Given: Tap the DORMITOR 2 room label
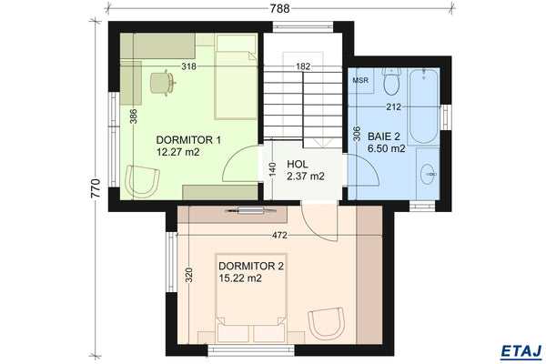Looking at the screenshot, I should pyautogui.click(x=251, y=266).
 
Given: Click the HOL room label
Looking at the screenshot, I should pyautogui.click(x=298, y=164).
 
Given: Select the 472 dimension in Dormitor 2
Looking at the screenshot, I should pyautogui.click(x=280, y=236).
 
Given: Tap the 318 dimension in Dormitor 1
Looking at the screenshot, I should pyautogui.click(x=188, y=66).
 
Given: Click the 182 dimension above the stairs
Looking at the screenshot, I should pyautogui.click(x=303, y=66).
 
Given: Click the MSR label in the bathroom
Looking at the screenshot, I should pyautogui.click(x=361, y=80).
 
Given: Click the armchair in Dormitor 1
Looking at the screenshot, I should pyautogui.click(x=141, y=179).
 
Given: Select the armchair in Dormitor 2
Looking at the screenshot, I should pyautogui.click(x=326, y=323).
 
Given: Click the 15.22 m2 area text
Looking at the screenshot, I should pyautogui.click(x=240, y=278).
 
